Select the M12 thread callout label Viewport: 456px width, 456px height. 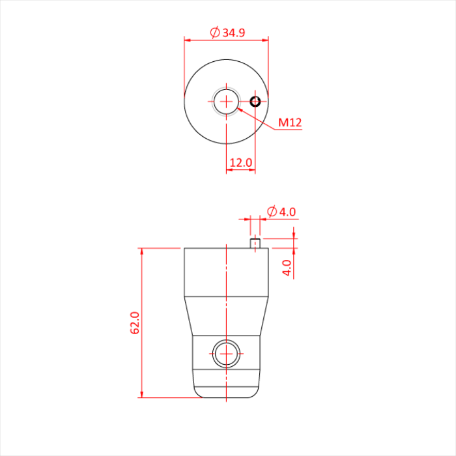click(290, 122)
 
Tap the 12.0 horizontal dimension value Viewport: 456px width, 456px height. click(240, 162)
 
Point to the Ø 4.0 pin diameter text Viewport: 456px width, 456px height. click(281, 211)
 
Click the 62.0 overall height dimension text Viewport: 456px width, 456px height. click(135, 322)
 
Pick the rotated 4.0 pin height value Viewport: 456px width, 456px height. click(287, 268)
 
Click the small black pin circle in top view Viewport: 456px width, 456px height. click(255, 102)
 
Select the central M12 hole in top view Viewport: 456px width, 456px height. click(226, 102)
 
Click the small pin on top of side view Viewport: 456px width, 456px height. click(255, 243)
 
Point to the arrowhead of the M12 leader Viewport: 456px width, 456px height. click(239, 109)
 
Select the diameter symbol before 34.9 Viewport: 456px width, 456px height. click(214, 32)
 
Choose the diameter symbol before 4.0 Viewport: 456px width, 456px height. click(271, 211)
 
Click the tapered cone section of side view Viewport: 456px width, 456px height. click(226, 316)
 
